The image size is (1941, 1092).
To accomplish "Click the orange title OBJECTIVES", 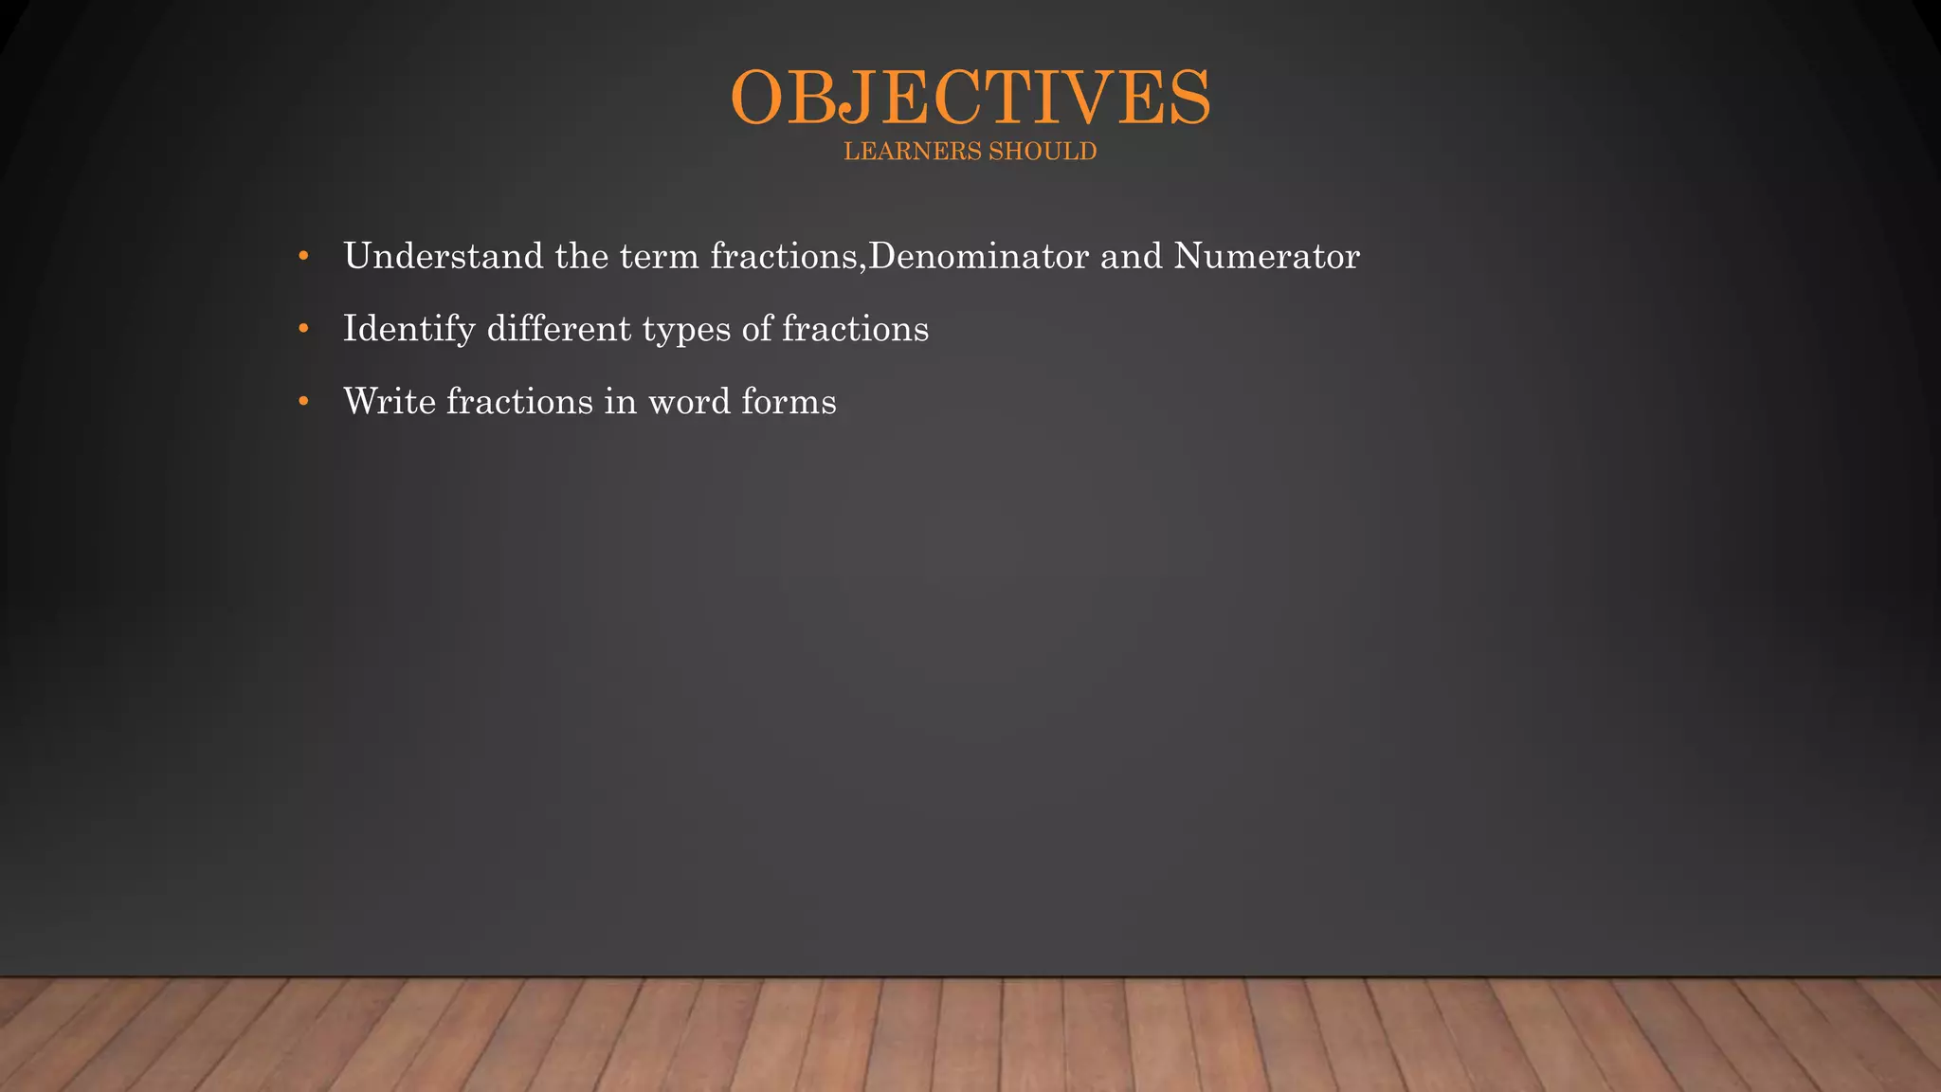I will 970,98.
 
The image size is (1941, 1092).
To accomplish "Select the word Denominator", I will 978,256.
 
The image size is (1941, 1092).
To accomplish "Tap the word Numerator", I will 1267,256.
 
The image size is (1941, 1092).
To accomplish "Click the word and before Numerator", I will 1131,256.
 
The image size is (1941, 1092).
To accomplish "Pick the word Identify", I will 408,330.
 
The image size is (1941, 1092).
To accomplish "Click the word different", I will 559,329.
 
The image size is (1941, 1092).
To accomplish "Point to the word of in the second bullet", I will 757,329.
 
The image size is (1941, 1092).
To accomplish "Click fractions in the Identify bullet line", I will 855,329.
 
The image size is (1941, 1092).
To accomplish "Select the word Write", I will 390,402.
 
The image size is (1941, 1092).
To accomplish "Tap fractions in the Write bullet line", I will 519,402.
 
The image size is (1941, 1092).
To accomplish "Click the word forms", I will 789,402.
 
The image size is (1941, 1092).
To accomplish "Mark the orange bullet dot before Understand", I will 303,256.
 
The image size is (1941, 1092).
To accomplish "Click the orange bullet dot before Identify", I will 303,329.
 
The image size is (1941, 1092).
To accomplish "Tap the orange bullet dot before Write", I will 303,402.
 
